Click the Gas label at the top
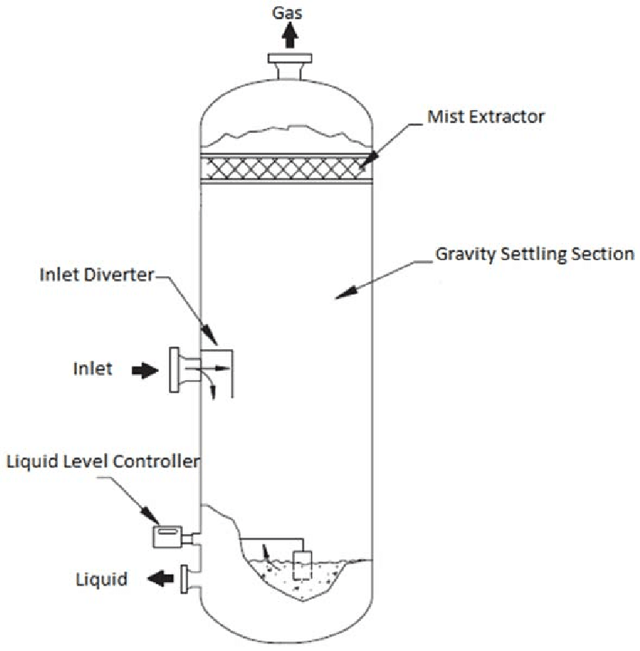click(289, 13)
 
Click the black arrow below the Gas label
click(289, 36)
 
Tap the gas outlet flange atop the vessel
click(289, 59)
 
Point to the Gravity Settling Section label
click(534, 254)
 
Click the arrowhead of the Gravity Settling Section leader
click(341, 295)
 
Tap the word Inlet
click(93, 370)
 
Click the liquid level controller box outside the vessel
click(168, 536)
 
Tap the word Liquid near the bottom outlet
click(102, 579)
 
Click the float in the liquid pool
click(303, 564)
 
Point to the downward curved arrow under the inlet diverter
click(213, 388)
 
